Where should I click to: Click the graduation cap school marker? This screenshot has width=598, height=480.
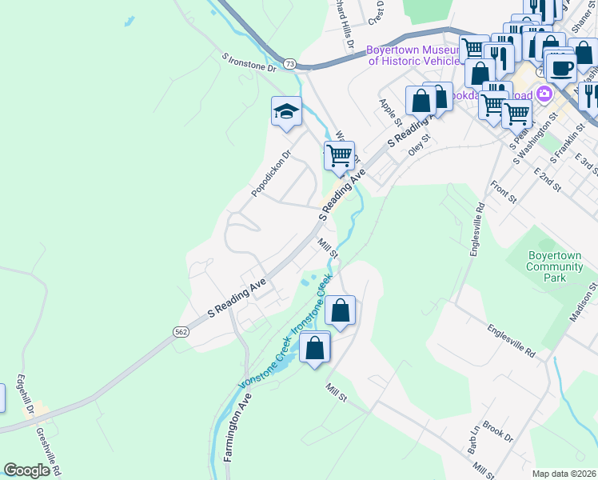click(286, 112)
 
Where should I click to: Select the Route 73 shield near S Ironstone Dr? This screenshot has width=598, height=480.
click(289, 63)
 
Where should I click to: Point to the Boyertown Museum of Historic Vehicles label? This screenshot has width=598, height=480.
click(414, 55)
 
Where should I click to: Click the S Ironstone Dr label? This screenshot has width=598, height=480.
click(249, 63)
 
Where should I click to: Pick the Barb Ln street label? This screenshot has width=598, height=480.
click(472, 440)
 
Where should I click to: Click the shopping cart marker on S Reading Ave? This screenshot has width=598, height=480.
click(339, 154)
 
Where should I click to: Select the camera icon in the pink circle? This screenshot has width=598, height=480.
click(545, 94)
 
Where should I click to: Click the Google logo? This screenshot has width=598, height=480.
click(27, 470)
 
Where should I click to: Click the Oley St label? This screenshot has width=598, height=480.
click(419, 143)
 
